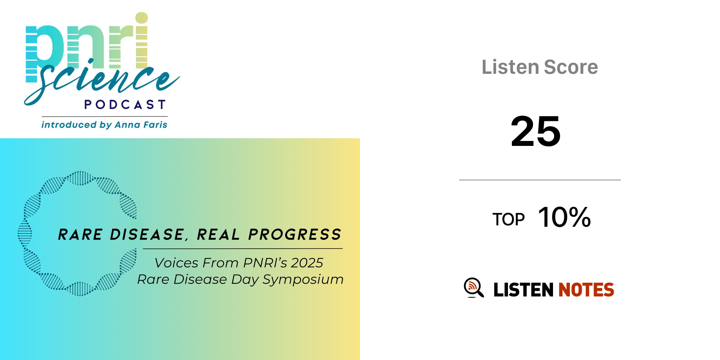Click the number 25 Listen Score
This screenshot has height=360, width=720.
point(535,131)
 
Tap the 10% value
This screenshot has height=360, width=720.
point(565,217)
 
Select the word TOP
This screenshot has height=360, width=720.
point(508,219)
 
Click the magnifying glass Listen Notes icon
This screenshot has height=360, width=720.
point(474,288)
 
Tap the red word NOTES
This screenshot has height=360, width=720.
point(586,290)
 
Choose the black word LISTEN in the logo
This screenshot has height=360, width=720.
point(523,290)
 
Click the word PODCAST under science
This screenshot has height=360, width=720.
point(125,104)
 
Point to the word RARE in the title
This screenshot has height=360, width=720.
point(81,234)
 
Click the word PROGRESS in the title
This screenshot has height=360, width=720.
point(295,234)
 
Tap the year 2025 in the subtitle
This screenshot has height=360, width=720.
point(307,263)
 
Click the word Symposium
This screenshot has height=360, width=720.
point(303,280)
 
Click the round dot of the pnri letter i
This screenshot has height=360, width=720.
point(142,18)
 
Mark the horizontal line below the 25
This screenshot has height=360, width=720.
point(540,180)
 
